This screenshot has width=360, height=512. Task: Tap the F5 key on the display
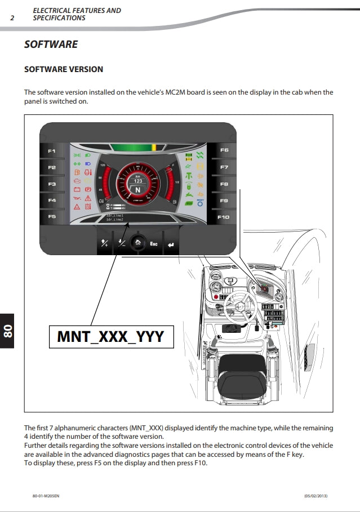(x=52, y=216)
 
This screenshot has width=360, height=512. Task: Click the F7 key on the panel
(x=224, y=167)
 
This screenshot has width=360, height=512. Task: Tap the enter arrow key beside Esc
(x=170, y=244)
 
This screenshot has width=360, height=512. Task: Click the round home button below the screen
(x=137, y=243)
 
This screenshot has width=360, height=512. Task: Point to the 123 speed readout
(x=138, y=181)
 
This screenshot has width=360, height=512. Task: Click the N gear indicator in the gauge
(x=138, y=190)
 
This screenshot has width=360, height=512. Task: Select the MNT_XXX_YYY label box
(x=111, y=336)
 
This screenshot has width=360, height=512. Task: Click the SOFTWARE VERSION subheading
(x=64, y=69)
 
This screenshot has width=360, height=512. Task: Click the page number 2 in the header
(x=12, y=17)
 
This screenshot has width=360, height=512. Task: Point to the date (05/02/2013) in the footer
(x=315, y=495)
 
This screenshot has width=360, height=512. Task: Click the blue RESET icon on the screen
(x=201, y=203)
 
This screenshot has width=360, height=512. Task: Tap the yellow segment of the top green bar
(x=153, y=147)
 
